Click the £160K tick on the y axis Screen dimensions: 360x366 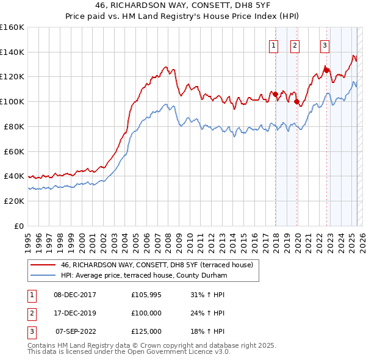pos(12,27)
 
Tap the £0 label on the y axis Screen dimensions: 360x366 pos(18,226)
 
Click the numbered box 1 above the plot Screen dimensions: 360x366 pos(273,45)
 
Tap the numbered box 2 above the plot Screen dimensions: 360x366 pos(295,45)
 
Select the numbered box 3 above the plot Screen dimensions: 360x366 pos(325,45)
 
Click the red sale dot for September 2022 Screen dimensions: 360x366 pos(326,71)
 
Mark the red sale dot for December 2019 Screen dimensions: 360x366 pos(297,102)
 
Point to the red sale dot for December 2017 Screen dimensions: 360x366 pos(275,94)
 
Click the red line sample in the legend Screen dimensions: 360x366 pos(43,265)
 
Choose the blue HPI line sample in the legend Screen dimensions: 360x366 pos(43,276)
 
